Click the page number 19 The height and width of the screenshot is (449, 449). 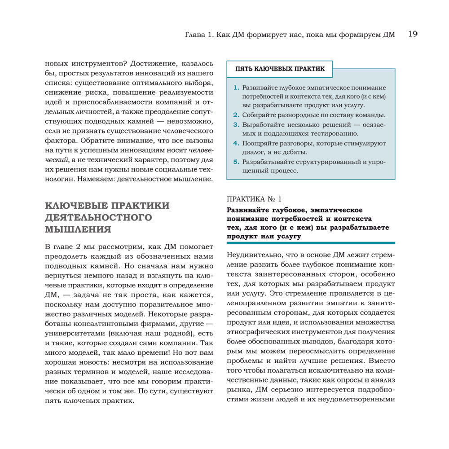[x=413, y=34]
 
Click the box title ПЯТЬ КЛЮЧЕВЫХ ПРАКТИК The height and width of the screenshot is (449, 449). [x=280, y=69]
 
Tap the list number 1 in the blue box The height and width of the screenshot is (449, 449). [x=236, y=88]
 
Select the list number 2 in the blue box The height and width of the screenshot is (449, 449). [x=236, y=114]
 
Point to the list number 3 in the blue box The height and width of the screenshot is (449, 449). [x=236, y=124]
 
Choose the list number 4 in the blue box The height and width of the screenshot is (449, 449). [x=236, y=143]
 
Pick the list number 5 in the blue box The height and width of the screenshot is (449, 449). [x=236, y=162]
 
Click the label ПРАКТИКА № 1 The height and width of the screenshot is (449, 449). [x=254, y=198]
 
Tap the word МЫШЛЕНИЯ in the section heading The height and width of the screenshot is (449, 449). [x=78, y=229]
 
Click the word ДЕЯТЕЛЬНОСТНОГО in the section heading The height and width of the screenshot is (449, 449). [x=99, y=217]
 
